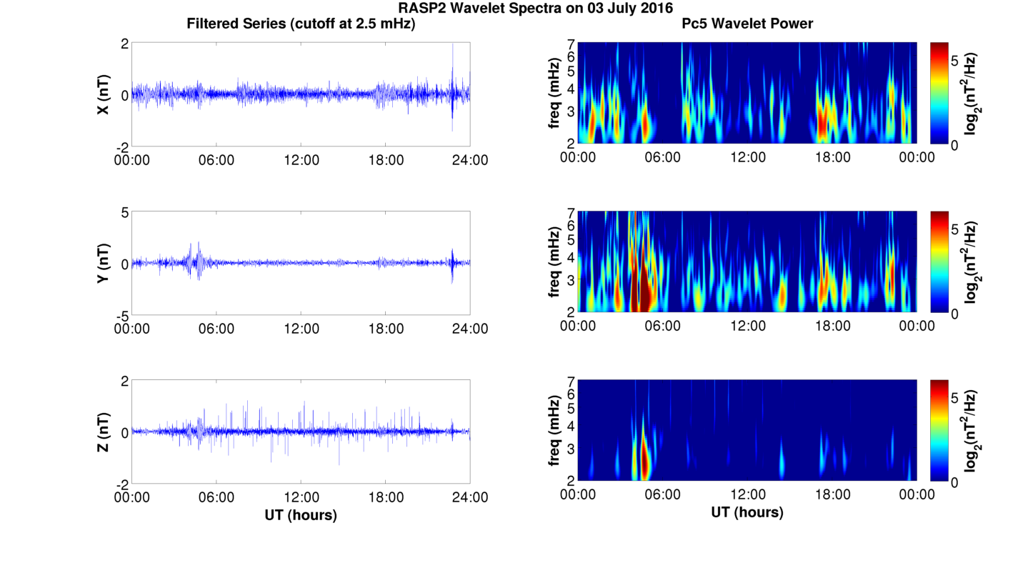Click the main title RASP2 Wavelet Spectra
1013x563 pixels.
tap(535, 9)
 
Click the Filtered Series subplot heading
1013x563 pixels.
tap(301, 24)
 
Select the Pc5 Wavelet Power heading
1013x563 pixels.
tap(747, 24)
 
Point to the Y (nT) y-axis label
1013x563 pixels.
tap(104, 264)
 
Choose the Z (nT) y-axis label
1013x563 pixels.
tap(104, 432)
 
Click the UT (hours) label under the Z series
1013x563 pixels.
tap(301, 514)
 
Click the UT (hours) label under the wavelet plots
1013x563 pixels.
tap(747, 512)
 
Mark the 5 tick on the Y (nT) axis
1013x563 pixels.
tap(124, 212)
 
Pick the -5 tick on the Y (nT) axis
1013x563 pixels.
tap(121, 315)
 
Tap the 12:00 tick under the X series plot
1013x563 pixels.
tap(301, 160)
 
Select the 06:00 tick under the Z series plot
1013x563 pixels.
tap(216, 497)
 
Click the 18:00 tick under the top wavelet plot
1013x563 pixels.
tap(832, 157)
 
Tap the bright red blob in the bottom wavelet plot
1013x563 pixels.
tap(644, 461)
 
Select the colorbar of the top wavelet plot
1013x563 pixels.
tap(939, 93)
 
